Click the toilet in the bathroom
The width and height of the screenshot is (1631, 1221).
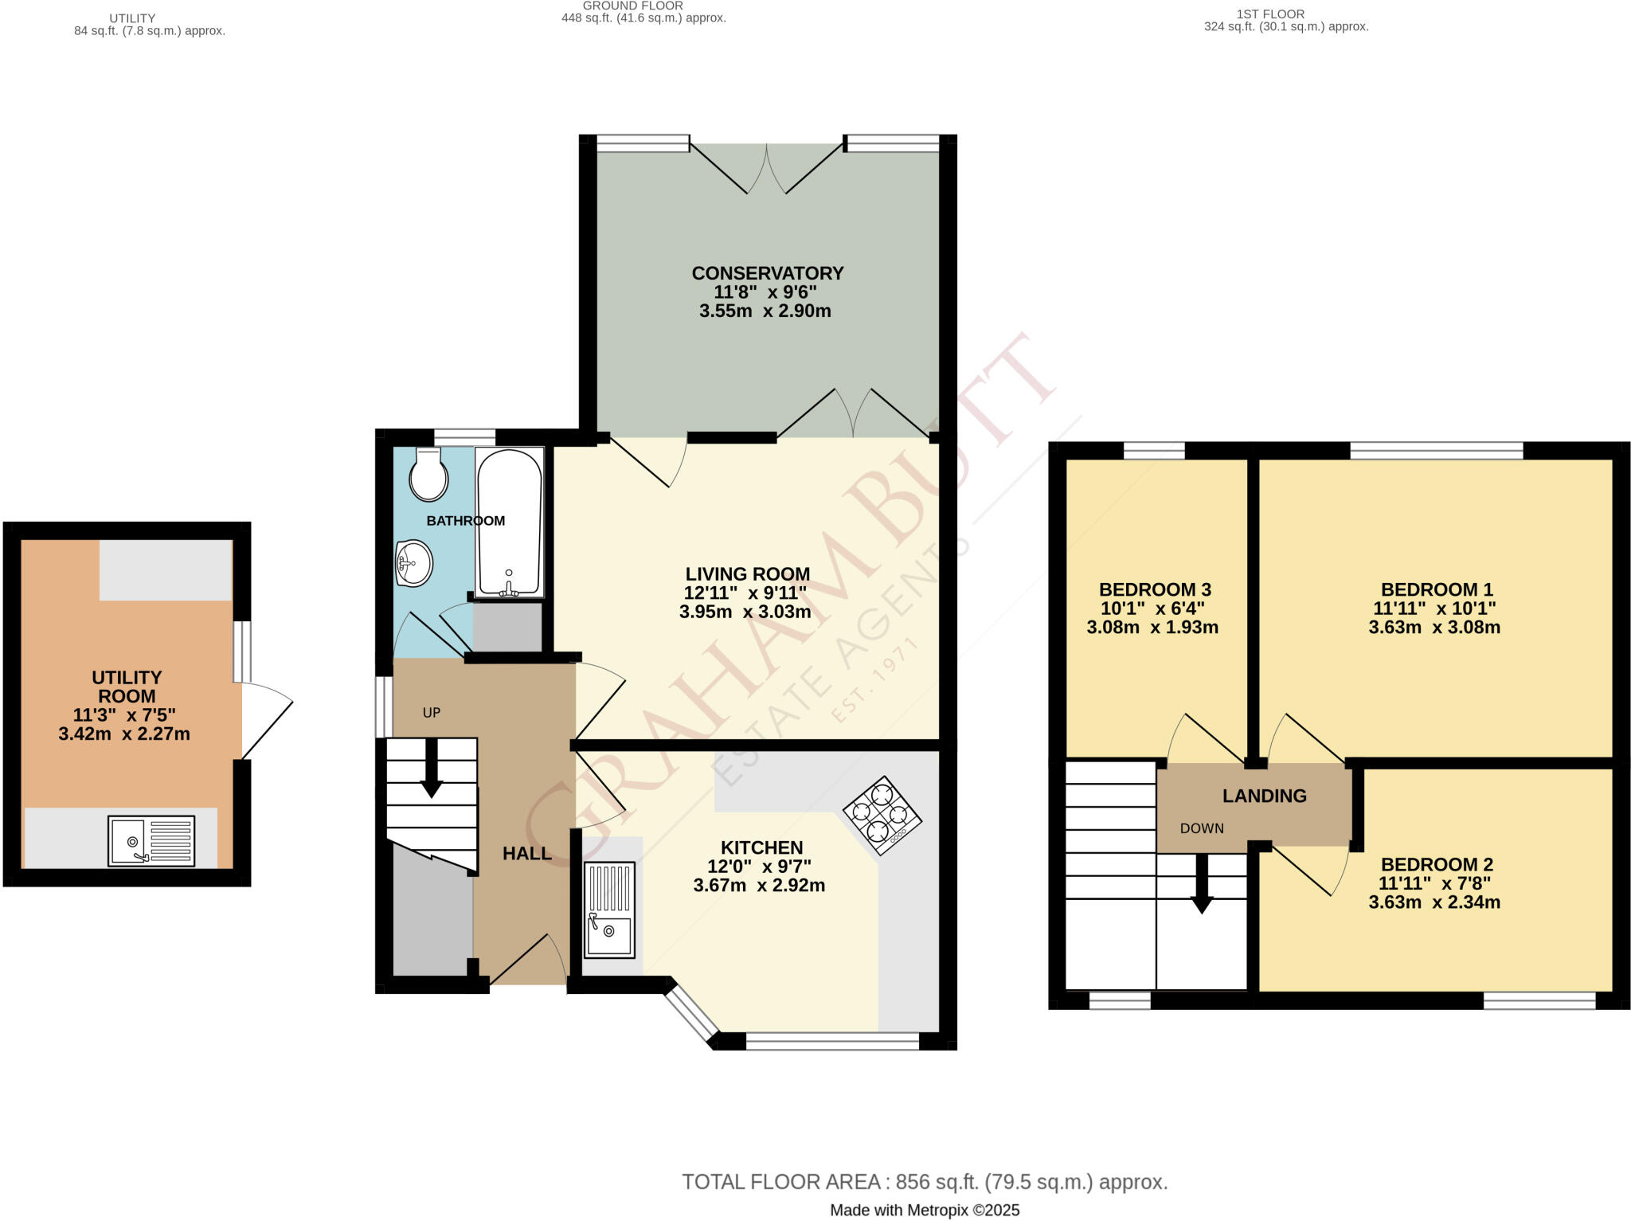tap(428, 475)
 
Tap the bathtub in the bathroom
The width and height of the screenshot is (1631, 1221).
tap(509, 522)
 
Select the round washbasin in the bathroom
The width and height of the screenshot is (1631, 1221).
tap(414, 563)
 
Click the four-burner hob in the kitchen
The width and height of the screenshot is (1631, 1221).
tap(882, 815)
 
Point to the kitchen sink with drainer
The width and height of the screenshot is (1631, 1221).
tap(609, 909)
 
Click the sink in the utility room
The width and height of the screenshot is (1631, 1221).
tap(151, 840)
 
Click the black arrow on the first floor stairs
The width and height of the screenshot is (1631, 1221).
tap(1201, 884)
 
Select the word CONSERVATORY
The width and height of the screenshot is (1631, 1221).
tap(767, 273)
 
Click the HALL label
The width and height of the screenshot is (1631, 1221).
tap(526, 853)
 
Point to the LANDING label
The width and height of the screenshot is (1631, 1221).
tap(1264, 796)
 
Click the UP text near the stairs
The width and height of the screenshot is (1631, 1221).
tap(431, 713)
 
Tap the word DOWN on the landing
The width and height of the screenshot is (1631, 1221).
tap(1201, 828)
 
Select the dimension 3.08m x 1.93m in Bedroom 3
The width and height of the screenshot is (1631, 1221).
tap(1152, 627)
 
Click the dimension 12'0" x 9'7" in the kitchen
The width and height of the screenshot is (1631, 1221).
tap(759, 867)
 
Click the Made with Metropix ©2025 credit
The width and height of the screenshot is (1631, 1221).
tap(924, 1210)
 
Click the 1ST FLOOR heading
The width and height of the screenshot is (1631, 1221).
tap(1269, 14)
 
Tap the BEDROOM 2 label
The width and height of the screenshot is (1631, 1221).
tap(1436, 864)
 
